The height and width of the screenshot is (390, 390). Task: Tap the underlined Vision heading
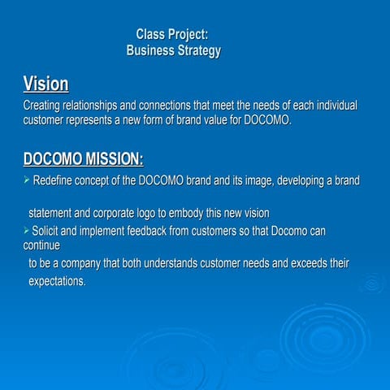tap(45, 84)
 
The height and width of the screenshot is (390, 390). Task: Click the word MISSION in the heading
tap(109, 158)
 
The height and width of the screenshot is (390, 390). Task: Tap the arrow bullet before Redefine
tap(27, 180)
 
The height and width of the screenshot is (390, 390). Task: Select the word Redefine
tap(57, 180)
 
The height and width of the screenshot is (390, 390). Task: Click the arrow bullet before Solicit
tap(26, 232)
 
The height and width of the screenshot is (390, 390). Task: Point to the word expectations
tap(57, 281)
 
